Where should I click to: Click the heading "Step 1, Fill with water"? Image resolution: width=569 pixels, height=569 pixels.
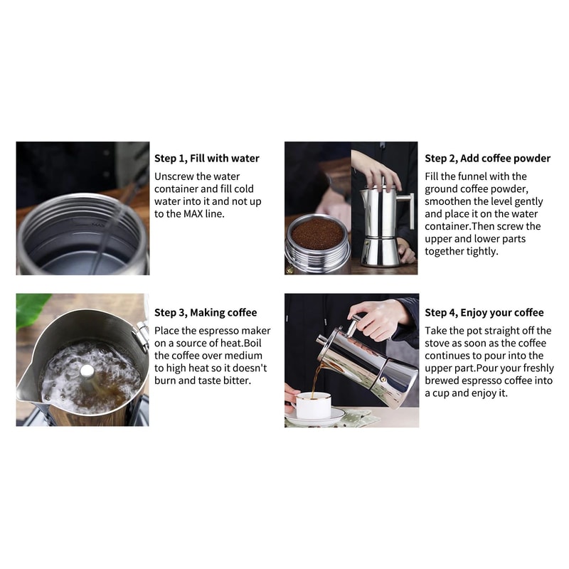pyautogui.click(x=207, y=159)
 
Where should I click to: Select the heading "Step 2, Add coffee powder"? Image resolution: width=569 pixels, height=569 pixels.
pyautogui.click(x=487, y=159)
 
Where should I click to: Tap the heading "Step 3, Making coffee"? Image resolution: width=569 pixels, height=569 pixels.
pyautogui.click(x=206, y=312)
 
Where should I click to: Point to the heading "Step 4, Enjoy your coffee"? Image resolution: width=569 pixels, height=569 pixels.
pyautogui.click(x=484, y=312)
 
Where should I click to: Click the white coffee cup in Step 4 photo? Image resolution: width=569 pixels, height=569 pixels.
pyautogui.click(x=313, y=405)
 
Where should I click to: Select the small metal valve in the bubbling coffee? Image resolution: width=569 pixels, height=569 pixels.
pyautogui.click(x=87, y=371)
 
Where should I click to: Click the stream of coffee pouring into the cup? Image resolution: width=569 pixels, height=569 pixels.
pyautogui.click(x=317, y=377)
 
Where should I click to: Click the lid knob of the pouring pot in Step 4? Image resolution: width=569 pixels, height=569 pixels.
pyautogui.click(x=321, y=339)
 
